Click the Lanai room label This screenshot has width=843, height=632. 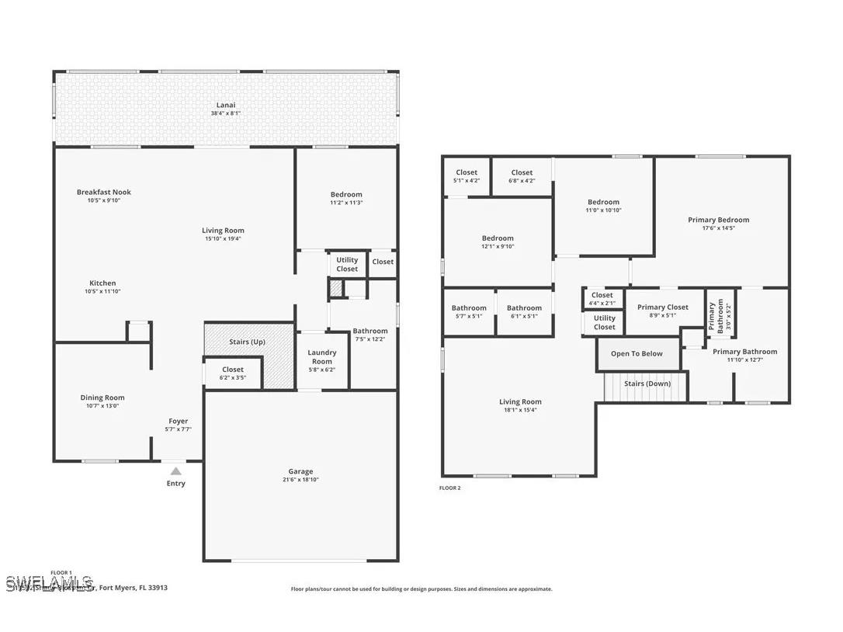[225, 105]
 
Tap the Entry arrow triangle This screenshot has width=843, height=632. [176, 471]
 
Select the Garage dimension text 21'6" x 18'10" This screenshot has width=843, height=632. [300, 481]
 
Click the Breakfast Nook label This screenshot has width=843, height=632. [103, 192]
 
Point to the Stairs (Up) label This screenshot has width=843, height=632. [247, 342]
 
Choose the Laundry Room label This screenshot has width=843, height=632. [321, 357]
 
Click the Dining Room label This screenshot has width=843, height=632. [102, 398]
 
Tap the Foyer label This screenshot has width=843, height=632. [178, 421]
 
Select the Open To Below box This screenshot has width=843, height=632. [637, 354]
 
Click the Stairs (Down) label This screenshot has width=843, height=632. [647, 384]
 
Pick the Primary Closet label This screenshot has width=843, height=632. [662, 307]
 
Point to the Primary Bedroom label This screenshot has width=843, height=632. [718, 220]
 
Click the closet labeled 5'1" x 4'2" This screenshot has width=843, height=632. [467, 176]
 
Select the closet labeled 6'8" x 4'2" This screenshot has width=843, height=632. [522, 176]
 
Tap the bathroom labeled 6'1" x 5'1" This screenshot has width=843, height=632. [524, 312]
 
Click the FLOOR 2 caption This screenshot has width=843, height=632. [449, 488]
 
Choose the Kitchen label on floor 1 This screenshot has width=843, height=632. [102, 283]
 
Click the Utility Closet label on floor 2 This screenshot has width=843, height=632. [604, 322]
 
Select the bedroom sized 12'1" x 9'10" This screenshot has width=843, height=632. [497, 242]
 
